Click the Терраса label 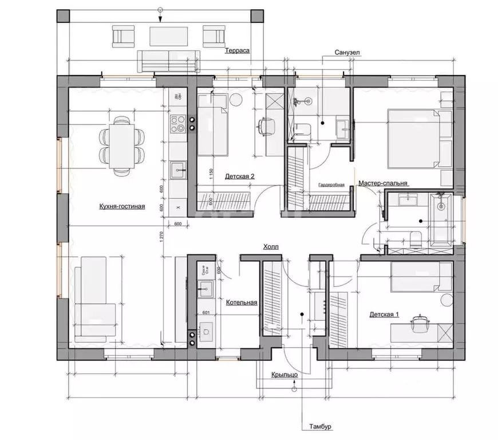(x=236, y=50)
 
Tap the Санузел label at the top (x=348, y=52)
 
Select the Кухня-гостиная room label (x=121, y=207)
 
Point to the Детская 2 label (x=240, y=176)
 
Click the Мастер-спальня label (x=383, y=183)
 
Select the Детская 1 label (x=384, y=314)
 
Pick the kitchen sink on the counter (x=178, y=170)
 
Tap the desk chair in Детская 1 (x=422, y=324)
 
